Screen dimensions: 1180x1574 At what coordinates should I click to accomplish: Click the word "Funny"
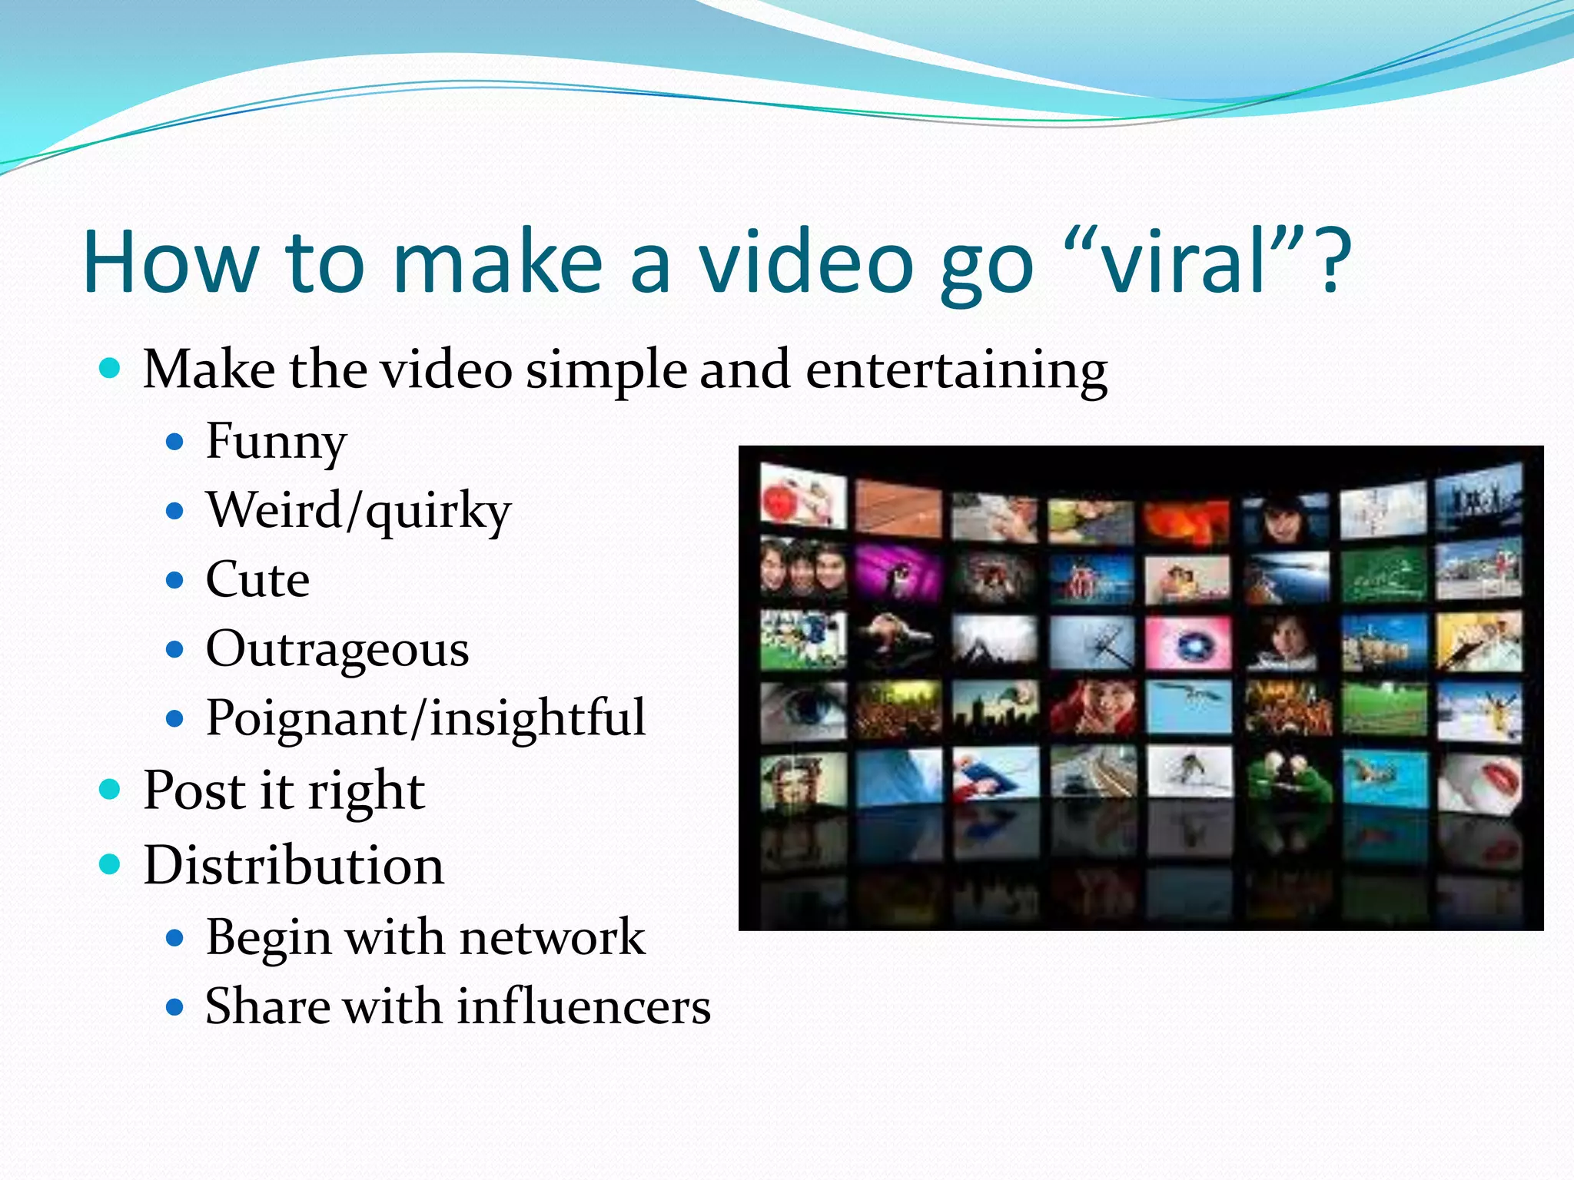click(276, 442)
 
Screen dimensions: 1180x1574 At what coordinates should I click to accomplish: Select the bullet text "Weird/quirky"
click(358, 511)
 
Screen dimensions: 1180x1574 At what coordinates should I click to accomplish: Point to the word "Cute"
click(257, 579)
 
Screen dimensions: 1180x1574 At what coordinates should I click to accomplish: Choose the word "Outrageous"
click(337, 650)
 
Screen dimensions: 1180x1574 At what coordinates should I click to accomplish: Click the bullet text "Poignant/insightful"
click(425, 719)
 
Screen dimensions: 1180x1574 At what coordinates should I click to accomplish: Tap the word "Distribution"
click(294, 866)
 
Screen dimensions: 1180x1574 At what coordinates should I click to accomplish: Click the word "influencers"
click(584, 1006)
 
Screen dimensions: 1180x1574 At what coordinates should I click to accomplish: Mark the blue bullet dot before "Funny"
click(175, 442)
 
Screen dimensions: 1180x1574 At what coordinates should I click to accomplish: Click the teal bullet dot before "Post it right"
click(111, 789)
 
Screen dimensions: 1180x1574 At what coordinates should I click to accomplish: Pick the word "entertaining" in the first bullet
click(956, 370)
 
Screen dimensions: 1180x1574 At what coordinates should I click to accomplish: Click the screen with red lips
click(1479, 781)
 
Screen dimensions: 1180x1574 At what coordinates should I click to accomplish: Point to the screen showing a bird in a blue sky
click(1189, 704)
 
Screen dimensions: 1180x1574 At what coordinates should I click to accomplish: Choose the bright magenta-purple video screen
click(898, 572)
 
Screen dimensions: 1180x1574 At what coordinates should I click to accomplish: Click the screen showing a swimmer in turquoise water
click(1384, 777)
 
